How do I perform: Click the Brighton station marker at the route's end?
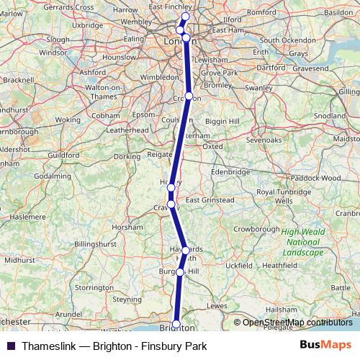point(176,325)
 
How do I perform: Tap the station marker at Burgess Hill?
point(180,272)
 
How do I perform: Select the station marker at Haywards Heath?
point(186,251)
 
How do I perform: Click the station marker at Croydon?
point(189,96)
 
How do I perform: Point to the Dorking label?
point(126,156)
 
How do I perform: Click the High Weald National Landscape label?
point(302,242)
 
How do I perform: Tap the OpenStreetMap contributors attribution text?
point(297,322)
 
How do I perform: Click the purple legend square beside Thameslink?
point(9,345)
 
